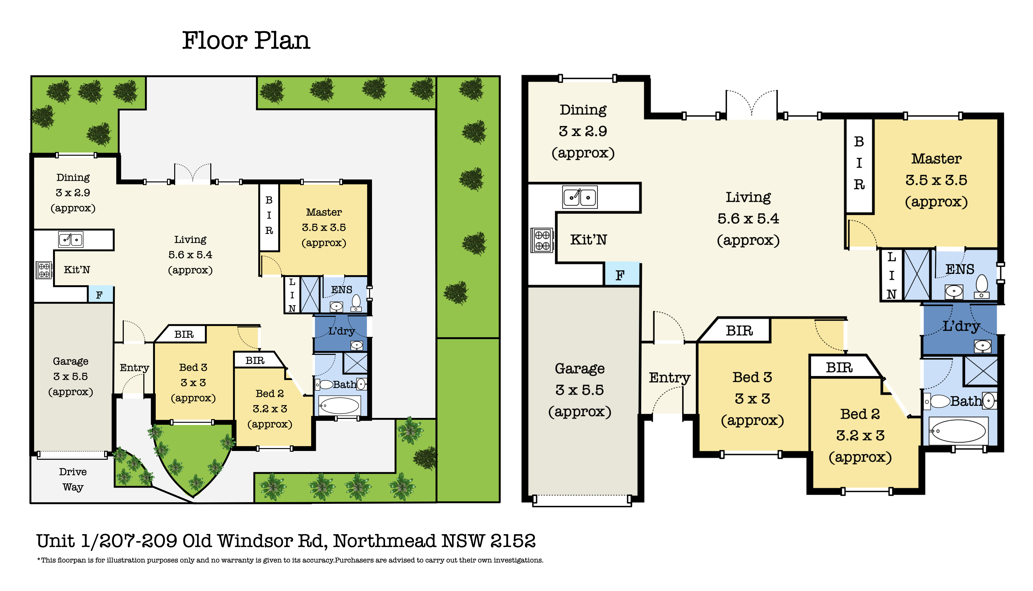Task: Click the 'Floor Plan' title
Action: (x=246, y=41)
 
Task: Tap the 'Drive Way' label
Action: (x=73, y=479)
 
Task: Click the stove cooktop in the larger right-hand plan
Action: (x=542, y=240)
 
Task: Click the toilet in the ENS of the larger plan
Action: (x=981, y=286)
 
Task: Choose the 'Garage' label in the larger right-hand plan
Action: (x=580, y=368)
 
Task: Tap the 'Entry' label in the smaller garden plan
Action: (x=134, y=368)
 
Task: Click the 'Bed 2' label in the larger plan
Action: (x=860, y=414)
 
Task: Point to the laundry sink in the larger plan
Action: (x=983, y=346)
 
